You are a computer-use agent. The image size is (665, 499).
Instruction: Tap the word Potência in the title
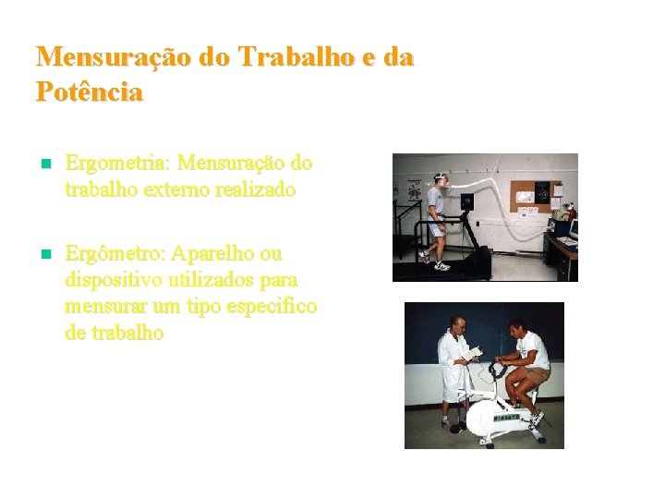pyautogui.click(x=90, y=92)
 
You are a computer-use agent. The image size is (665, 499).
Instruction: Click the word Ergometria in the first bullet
pyautogui.click(x=117, y=164)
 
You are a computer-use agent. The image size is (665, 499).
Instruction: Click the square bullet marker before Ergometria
pyautogui.click(x=42, y=164)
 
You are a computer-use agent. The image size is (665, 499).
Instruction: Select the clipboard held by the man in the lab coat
pyautogui.click(x=472, y=353)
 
